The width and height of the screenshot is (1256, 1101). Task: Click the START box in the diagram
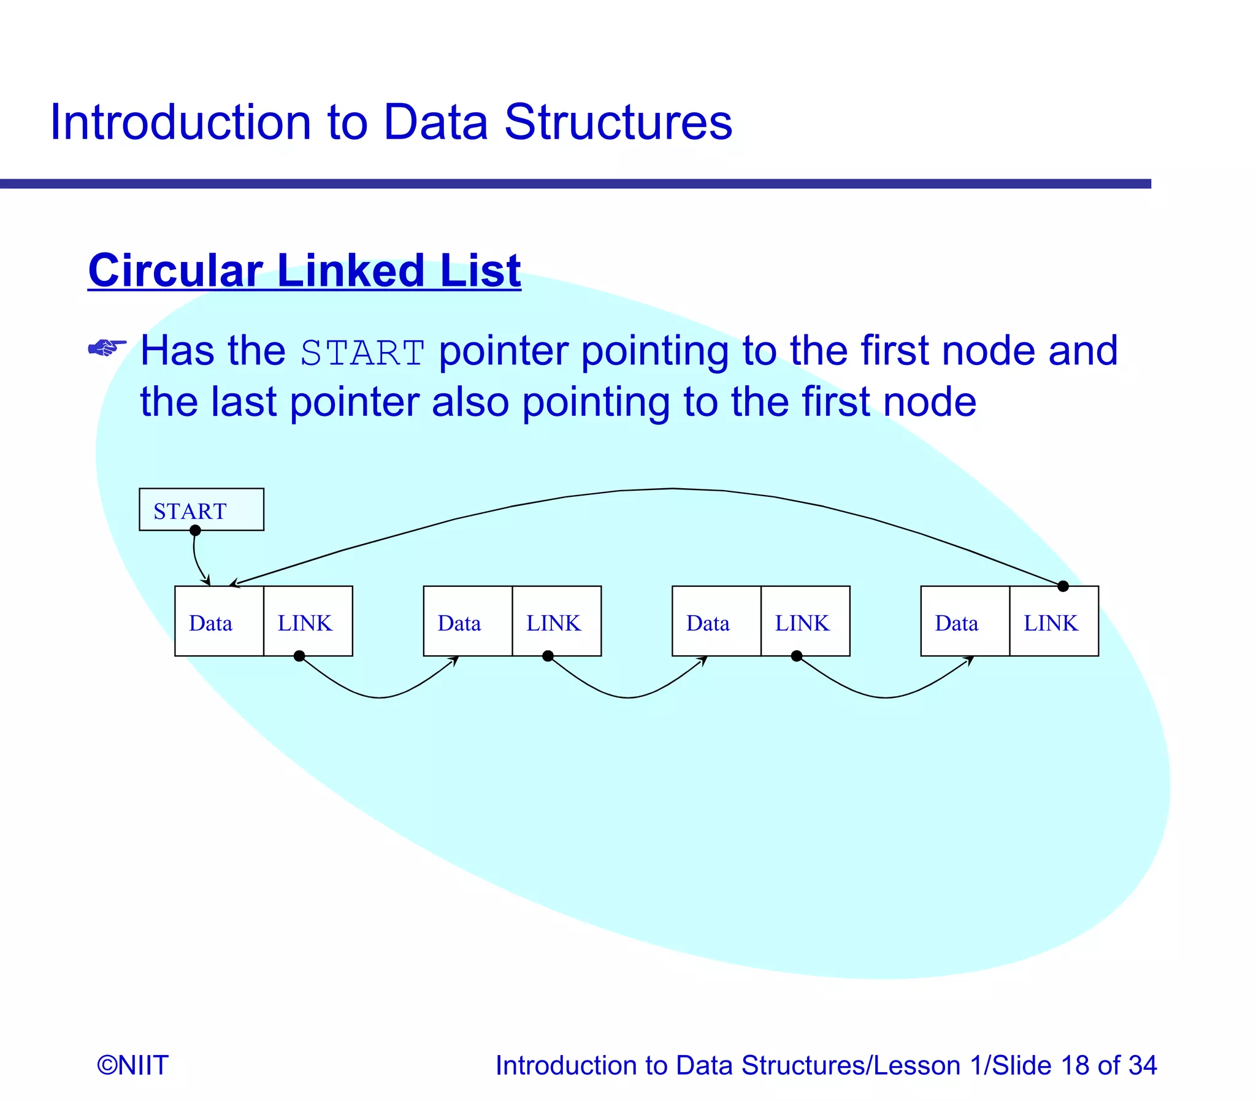[201, 509]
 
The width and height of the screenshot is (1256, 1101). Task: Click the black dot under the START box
[195, 531]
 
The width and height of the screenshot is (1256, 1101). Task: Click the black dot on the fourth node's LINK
[1063, 586]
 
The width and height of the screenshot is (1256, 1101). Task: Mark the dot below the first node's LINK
[299, 656]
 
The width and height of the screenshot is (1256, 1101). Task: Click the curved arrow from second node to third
[627, 697]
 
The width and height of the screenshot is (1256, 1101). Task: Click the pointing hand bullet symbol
[107, 348]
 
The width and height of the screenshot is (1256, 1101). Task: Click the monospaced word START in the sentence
[362, 353]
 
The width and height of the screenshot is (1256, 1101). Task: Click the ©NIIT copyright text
[132, 1065]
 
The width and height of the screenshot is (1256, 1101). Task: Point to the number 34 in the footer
[1142, 1065]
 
